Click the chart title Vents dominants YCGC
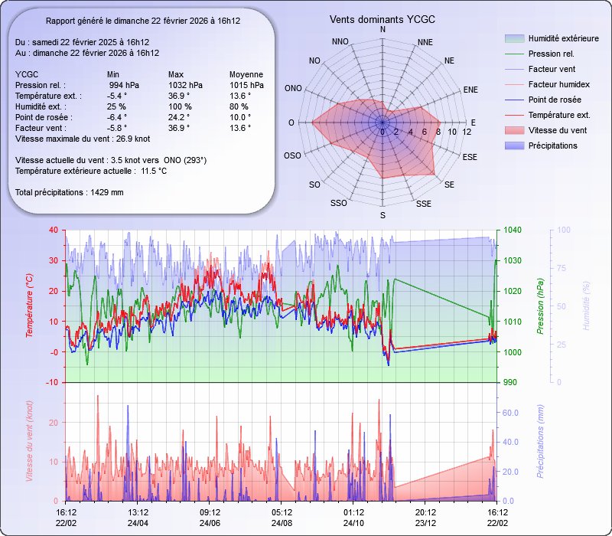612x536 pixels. [382, 18]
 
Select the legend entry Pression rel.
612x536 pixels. [551, 54]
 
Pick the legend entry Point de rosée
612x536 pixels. [554, 100]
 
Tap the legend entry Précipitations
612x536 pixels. [552, 145]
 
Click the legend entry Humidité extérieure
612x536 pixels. [563, 38]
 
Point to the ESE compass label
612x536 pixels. [470, 156]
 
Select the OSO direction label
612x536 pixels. [292, 156]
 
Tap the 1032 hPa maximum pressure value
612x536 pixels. [185, 85]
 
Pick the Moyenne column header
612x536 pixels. [246, 74]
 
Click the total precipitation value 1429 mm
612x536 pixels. [107, 192]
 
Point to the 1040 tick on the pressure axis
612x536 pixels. [513, 230]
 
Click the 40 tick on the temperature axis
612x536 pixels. [52, 230]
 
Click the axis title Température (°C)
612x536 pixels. [30, 306]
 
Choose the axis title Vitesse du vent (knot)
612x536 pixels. [30, 442]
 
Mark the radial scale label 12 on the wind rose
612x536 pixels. [467, 132]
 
